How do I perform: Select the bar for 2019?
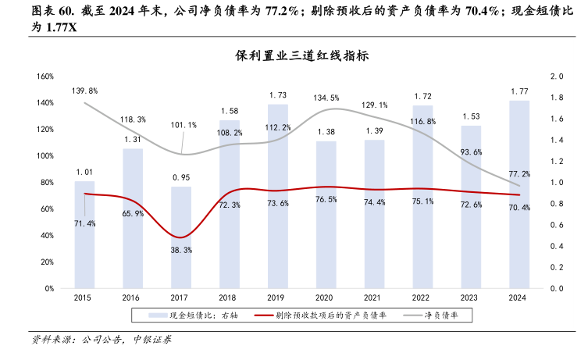(x=277, y=195)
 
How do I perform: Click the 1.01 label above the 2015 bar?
(x=84, y=171)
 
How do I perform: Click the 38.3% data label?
(x=181, y=250)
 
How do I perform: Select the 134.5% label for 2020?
(x=326, y=98)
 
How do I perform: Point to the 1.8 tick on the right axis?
(x=556, y=98)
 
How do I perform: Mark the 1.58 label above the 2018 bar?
(x=230, y=111)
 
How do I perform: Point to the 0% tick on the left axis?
(x=48, y=288)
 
